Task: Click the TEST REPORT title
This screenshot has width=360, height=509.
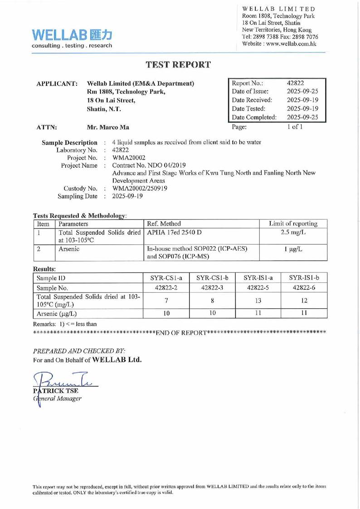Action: pos(178,64)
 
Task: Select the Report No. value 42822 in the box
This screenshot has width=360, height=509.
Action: pos(296,83)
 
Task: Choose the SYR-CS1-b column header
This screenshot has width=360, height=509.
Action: pos(209,277)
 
